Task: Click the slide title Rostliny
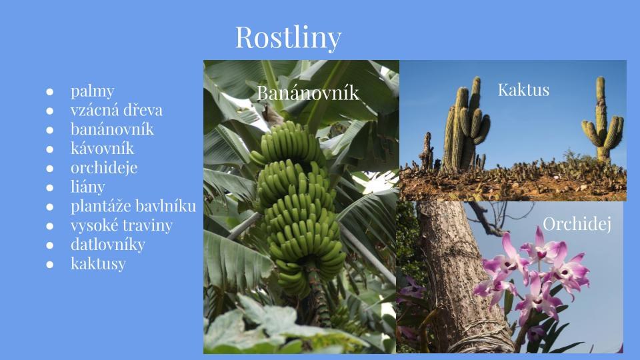[x=288, y=37]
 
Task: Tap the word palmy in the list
[x=92, y=91]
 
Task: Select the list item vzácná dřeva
[x=116, y=110]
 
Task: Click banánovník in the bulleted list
[x=112, y=129]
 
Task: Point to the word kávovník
[x=102, y=148]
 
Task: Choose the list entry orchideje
[x=104, y=168]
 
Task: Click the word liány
[x=88, y=187]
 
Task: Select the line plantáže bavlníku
[x=133, y=206]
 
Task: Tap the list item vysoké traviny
[x=121, y=225]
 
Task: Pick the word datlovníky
[x=108, y=245]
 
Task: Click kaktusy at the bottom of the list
[x=98, y=264]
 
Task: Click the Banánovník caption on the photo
[x=308, y=93]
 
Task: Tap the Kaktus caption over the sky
[x=523, y=90]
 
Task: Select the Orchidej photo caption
[x=577, y=224]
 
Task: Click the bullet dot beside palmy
[x=50, y=92]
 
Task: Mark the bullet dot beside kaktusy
[x=50, y=265]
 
